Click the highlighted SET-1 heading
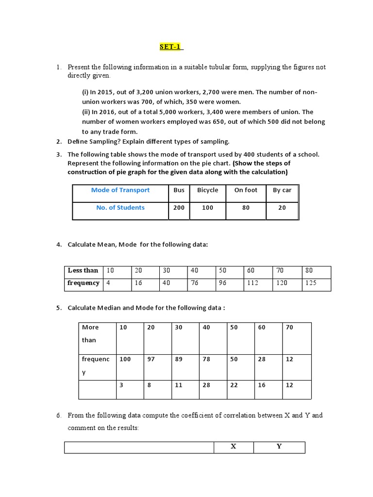pos(171,47)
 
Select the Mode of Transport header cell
pos(120,190)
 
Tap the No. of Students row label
pos(120,208)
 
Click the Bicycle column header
pos(207,190)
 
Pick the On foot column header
pos(246,190)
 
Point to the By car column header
pos(282,190)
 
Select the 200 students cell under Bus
pos(179,208)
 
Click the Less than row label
pos(83,270)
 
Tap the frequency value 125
pos(310,283)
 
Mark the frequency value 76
pos(195,283)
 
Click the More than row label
pos(90,334)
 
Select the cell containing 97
pos(151,359)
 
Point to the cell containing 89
pos(179,359)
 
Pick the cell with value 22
pos(234,385)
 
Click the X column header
pos(233,447)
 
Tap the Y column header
pos(279,447)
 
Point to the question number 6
pos(58,415)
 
